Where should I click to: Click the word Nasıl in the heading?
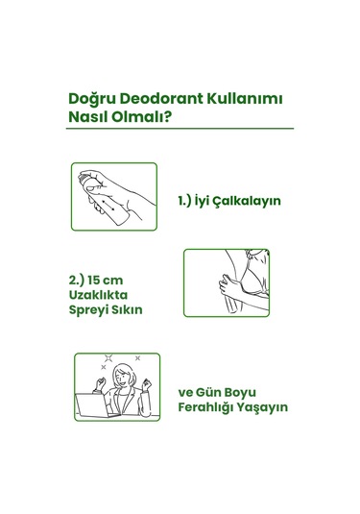89,119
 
